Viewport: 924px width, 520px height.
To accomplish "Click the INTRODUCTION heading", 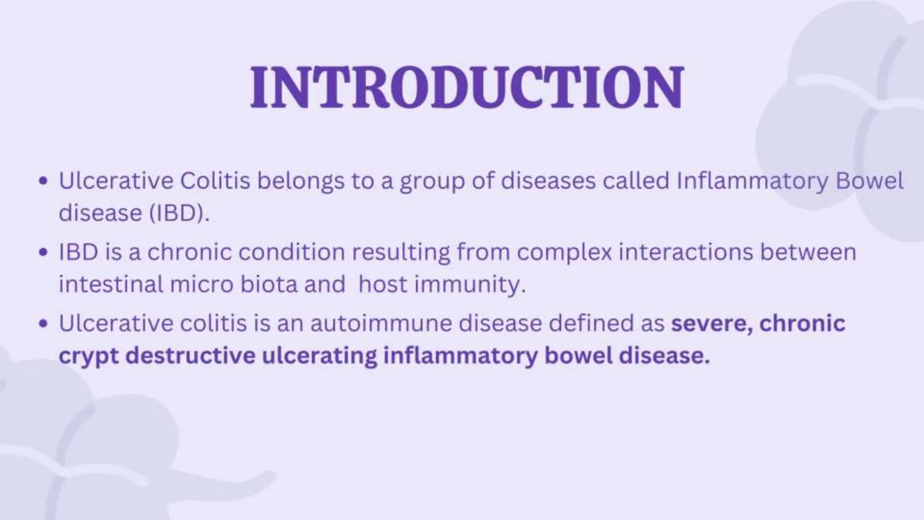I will click(x=467, y=87).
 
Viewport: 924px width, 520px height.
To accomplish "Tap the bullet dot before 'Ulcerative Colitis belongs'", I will click(x=43, y=181).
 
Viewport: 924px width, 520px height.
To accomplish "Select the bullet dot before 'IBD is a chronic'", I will click(x=43, y=253).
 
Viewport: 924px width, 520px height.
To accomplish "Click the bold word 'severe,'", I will click(x=711, y=323).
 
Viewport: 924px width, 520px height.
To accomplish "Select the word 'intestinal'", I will click(x=111, y=284).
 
